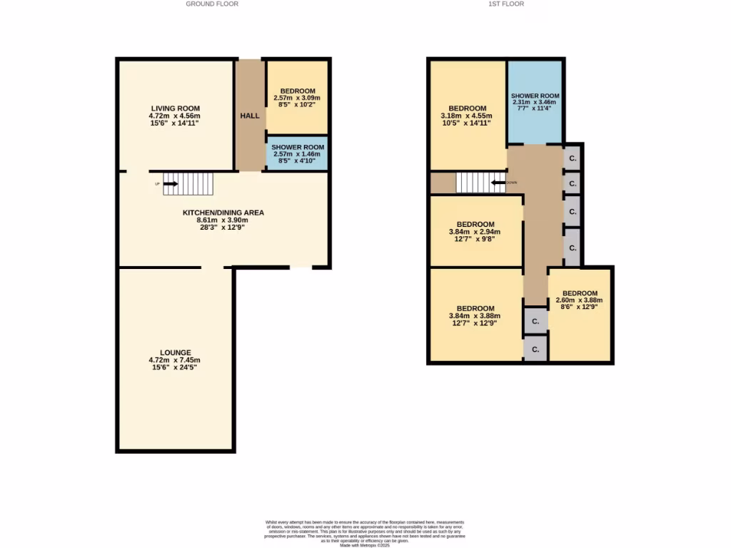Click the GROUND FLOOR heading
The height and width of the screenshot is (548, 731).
pos(212,4)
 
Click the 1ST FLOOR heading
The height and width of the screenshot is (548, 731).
pos(506,4)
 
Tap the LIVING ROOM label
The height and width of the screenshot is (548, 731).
pos(175,108)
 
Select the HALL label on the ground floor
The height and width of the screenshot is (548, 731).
pos(250,116)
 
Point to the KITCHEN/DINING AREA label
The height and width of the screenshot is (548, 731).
pos(223,213)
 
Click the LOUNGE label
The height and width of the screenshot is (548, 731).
pos(175,352)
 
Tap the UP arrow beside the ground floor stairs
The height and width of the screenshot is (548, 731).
pos(170,184)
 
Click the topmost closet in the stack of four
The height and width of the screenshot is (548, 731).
pos(573,157)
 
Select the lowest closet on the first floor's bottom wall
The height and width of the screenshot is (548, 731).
pos(535,348)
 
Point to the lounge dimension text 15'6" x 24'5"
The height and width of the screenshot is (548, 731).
pos(175,367)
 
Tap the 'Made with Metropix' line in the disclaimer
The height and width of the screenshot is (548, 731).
pos(365,545)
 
